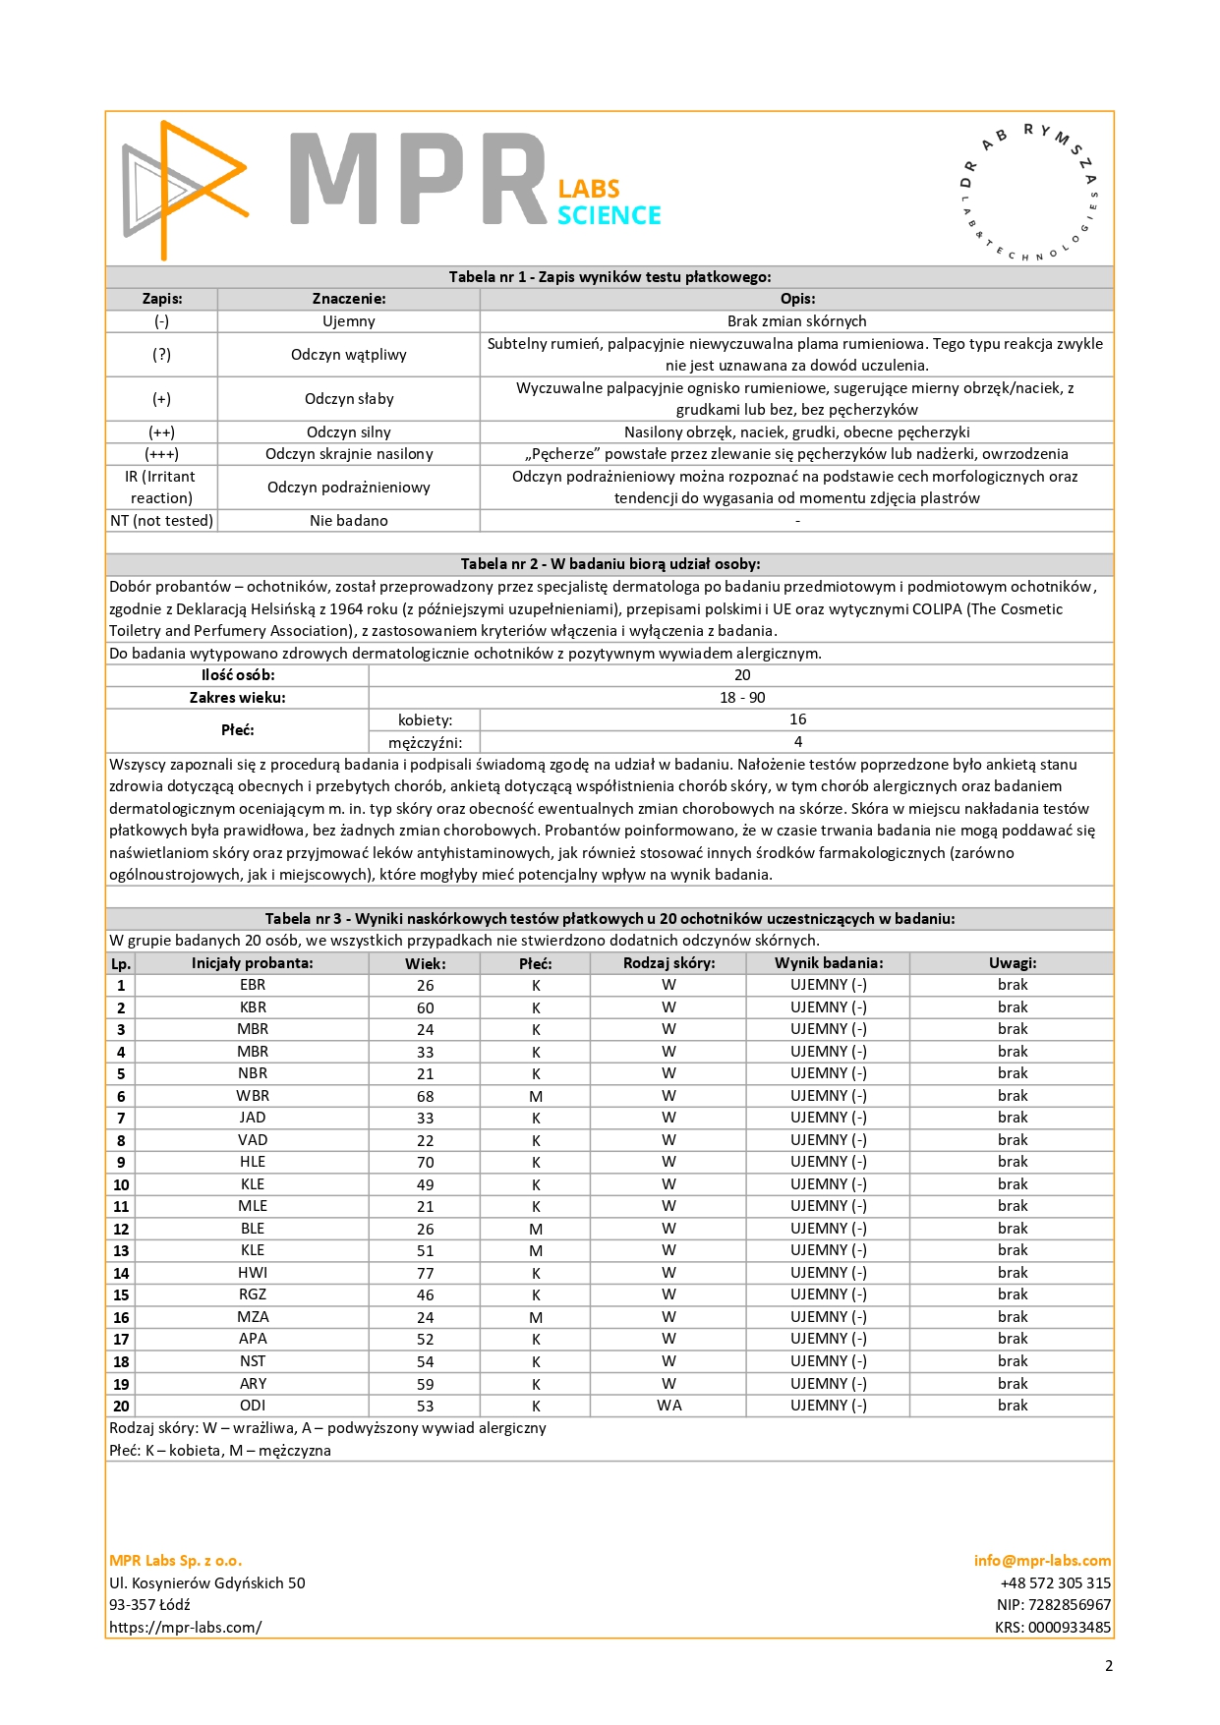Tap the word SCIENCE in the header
pos(609,215)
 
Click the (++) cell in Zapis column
pos(161,432)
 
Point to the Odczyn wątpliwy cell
pos(348,355)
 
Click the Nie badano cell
pos(348,521)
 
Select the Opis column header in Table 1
pos(797,299)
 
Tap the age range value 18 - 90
pos(742,698)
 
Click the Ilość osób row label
pos(238,675)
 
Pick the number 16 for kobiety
pos(797,719)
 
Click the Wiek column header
pos(425,963)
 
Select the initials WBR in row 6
pos(253,1096)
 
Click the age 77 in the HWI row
pos(425,1273)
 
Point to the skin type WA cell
pos(668,1406)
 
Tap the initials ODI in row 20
pos(253,1406)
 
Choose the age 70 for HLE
pos(425,1163)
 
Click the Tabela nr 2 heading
pos(610,564)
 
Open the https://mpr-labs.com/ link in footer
pos(186,1628)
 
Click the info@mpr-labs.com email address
pos(1042,1561)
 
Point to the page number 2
pos(1109,1666)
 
